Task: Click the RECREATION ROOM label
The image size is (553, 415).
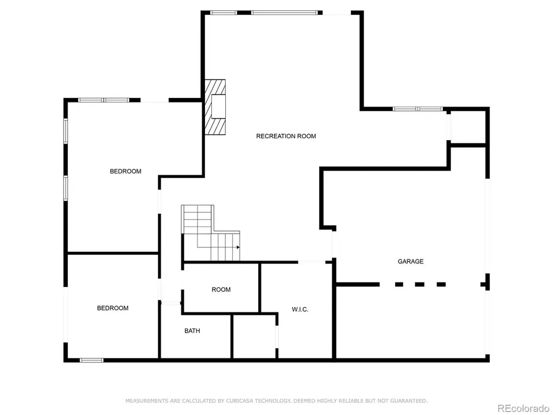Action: [x=286, y=136]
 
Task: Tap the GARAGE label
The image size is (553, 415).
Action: [x=410, y=261]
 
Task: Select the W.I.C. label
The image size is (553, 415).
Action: [x=300, y=310]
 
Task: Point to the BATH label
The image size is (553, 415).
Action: [x=192, y=331]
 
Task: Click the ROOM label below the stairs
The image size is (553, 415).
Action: [x=221, y=289]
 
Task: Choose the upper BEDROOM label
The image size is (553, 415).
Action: [x=126, y=171]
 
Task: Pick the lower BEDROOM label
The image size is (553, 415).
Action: [x=112, y=308]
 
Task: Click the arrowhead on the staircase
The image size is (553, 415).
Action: [x=237, y=247]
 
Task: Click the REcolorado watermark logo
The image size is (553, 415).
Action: [x=523, y=408]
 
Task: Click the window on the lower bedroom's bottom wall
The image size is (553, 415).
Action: [x=92, y=360]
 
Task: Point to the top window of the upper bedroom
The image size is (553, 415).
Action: [x=104, y=100]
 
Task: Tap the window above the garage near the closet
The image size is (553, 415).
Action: [x=418, y=108]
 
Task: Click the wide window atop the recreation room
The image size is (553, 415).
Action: [x=285, y=12]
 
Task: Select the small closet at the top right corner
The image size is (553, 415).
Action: [x=468, y=126]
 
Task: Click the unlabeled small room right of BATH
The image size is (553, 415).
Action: [x=254, y=336]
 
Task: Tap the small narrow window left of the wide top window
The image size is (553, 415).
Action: [x=223, y=12]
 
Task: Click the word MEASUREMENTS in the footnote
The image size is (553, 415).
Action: [x=147, y=401]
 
